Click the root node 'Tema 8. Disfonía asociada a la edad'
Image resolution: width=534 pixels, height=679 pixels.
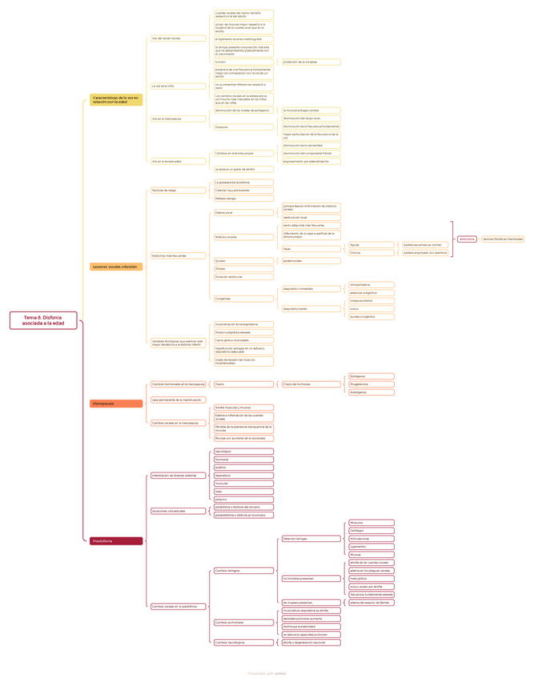point(43,320)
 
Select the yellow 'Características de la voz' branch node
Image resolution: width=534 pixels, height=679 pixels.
point(116,99)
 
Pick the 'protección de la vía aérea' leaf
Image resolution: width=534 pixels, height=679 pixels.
point(311,62)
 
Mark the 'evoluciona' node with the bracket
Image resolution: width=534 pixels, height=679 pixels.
point(467,239)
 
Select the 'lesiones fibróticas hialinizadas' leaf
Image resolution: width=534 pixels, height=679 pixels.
point(503,239)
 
